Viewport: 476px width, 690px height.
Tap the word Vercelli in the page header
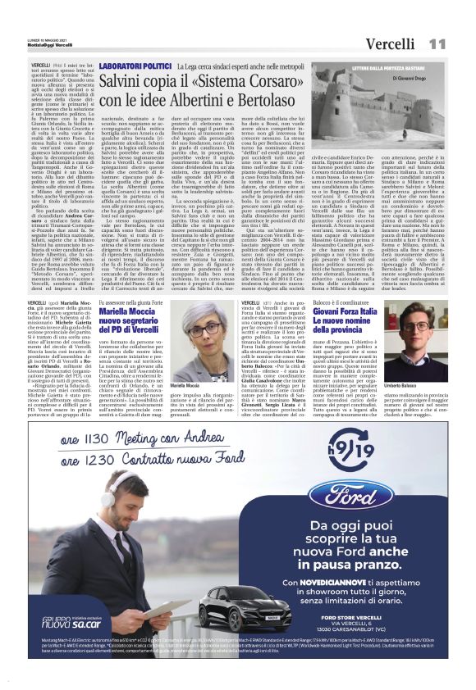[389, 43]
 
